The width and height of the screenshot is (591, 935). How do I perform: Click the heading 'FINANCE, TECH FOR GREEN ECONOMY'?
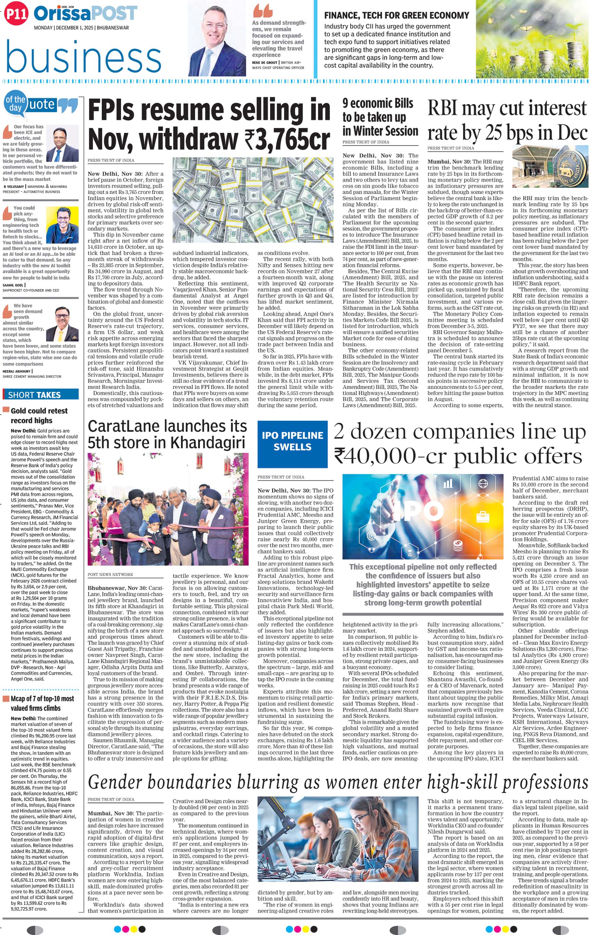(396, 15)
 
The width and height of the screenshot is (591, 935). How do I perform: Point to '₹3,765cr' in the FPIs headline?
(287, 139)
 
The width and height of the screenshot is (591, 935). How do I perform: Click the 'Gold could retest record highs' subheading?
(39, 415)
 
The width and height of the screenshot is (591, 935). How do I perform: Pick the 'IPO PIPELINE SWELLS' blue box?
(292, 441)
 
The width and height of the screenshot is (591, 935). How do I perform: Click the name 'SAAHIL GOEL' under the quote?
(13, 285)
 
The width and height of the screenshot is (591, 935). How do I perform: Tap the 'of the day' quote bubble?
(15, 103)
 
